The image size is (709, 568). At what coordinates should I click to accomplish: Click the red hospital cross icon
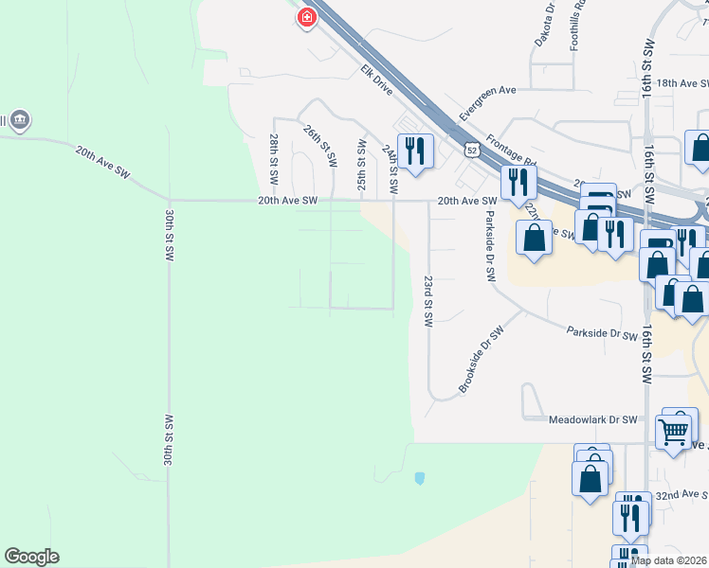coord(306,17)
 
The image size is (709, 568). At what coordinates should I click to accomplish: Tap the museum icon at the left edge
coord(18,120)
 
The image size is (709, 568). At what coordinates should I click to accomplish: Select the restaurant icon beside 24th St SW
coord(415,151)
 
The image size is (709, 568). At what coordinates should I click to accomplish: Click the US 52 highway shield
coord(471,150)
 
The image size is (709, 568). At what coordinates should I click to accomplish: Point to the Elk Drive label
coord(376,78)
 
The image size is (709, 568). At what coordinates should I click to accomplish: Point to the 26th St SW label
coord(320,147)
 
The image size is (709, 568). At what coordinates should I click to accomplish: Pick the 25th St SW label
coord(361,166)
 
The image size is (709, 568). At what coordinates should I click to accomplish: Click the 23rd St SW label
coord(427,302)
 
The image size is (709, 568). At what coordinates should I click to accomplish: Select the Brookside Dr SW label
coord(481,360)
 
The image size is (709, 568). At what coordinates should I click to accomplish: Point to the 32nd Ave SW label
coord(681,495)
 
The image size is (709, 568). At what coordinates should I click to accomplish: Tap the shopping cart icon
coord(675,431)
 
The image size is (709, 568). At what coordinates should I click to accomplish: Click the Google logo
coord(31,557)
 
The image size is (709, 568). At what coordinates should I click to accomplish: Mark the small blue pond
coord(419,478)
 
